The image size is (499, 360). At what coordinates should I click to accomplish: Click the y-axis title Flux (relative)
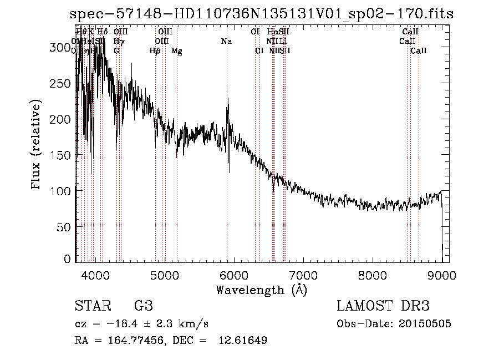click(37, 145)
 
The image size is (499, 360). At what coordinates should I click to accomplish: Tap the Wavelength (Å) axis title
click(261, 290)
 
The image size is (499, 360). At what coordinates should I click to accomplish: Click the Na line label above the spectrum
click(226, 42)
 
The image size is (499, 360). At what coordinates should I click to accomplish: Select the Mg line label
click(177, 51)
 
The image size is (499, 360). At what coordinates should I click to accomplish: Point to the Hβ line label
click(155, 51)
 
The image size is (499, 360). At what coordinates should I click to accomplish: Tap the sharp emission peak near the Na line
click(227, 100)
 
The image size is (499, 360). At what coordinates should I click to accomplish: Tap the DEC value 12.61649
click(243, 341)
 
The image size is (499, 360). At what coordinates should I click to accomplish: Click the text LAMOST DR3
click(383, 306)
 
